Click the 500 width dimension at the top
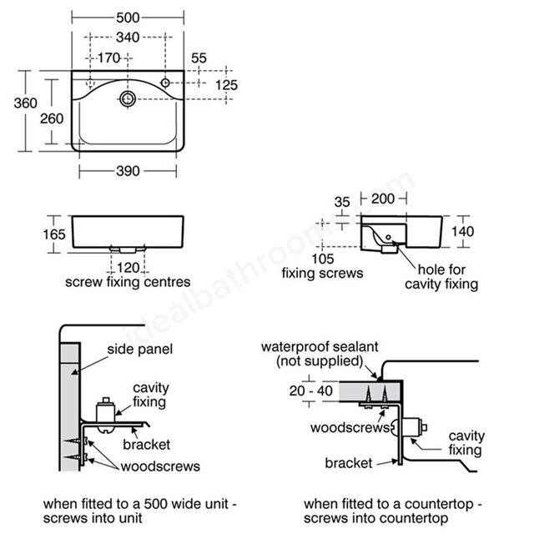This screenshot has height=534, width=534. tap(128, 18)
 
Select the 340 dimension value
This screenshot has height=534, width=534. tap(128, 37)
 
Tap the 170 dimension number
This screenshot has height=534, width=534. tap(109, 58)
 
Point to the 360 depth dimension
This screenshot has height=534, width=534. tap(26, 103)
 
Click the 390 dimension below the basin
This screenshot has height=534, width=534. tap(128, 171)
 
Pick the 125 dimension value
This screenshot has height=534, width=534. tap(226, 85)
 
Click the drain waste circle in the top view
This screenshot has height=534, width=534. tap(128, 98)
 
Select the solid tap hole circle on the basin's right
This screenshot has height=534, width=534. tap(165, 83)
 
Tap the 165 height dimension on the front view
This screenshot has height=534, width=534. tap(53, 234)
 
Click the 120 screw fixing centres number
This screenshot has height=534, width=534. tap(128, 268)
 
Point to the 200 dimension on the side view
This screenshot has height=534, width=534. tap(383, 199)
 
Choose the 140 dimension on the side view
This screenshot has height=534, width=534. tap(462, 232)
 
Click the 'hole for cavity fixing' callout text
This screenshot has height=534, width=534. tap(441, 276)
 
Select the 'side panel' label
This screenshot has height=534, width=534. tap(140, 349)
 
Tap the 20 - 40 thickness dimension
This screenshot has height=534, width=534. tap(311, 390)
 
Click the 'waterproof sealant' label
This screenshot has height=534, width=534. tap(320, 347)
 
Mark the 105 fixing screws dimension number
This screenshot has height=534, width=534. tap(323, 259)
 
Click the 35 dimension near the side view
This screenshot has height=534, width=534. tap(342, 202)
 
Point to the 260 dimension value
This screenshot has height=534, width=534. tap(52, 118)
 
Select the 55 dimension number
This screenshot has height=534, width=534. tap(199, 58)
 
